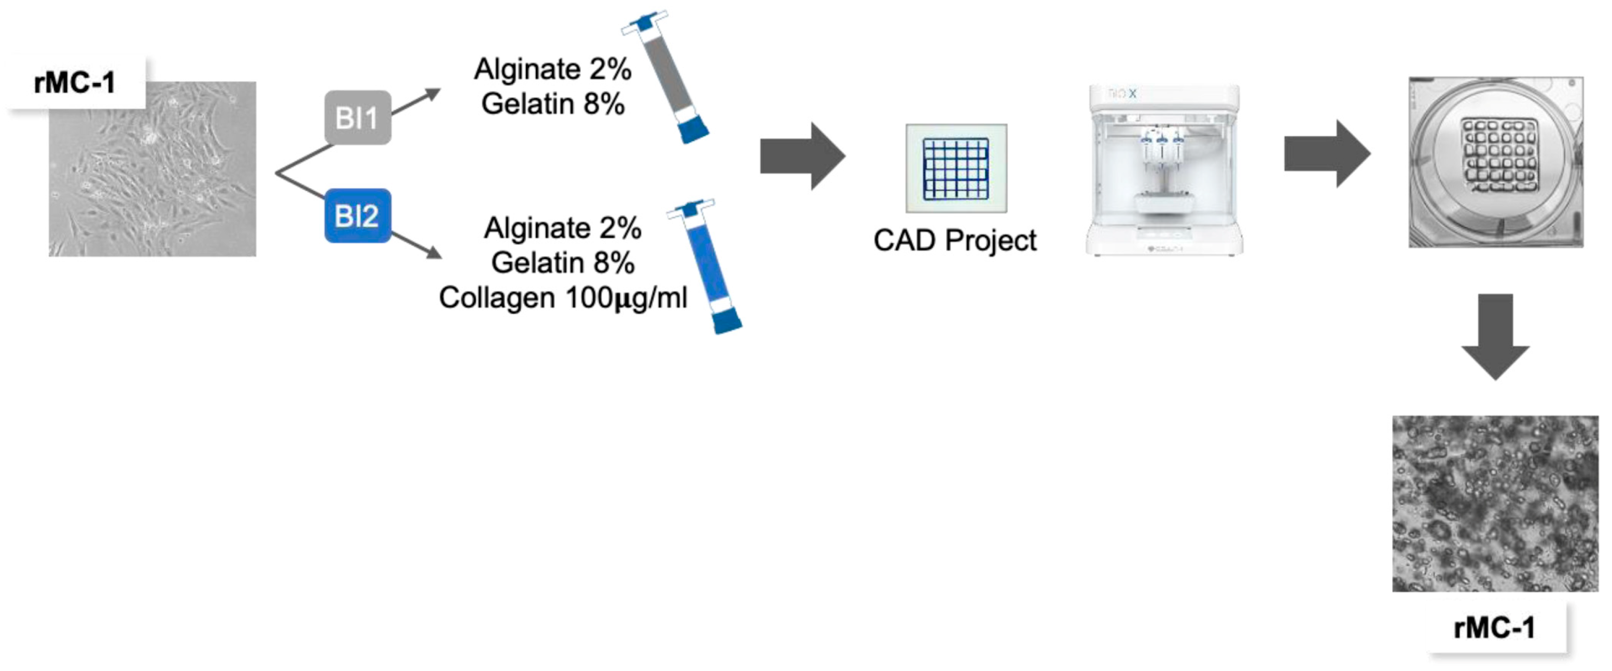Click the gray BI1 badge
click(x=357, y=118)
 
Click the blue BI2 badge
click(x=357, y=216)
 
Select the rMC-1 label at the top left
click(x=75, y=82)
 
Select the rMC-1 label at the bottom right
click(x=1494, y=628)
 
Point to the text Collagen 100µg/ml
click(x=563, y=297)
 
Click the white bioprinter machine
click(x=1164, y=170)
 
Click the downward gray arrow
click(x=1495, y=336)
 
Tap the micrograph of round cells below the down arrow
click(x=1494, y=504)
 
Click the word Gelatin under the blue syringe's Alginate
click(x=533, y=263)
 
